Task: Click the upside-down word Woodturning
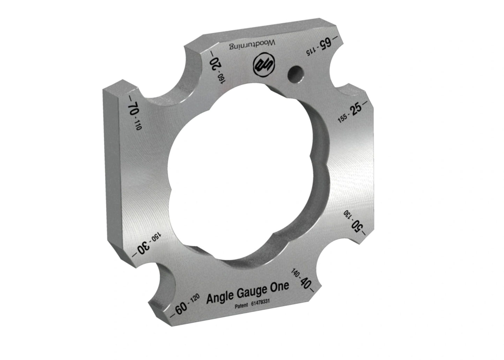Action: tap(252, 45)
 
